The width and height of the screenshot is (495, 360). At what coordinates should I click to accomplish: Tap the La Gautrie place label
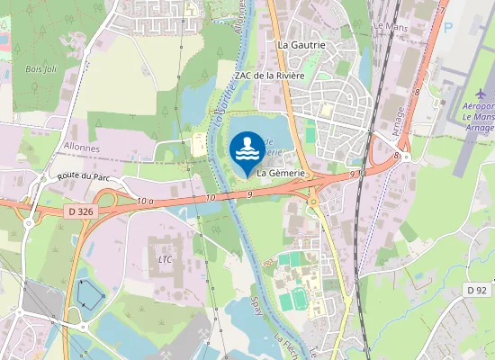[x=301, y=44]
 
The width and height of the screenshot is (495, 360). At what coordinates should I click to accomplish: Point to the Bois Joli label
[x=40, y=68]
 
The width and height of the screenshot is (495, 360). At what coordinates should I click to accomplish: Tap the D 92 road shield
[x=477, y=290]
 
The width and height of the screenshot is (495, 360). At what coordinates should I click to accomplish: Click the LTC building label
[x=165, y=260]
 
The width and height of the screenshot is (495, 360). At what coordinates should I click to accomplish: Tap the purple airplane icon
[x=480, y=94]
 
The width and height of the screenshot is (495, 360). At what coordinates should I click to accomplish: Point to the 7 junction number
[x=442, y=11]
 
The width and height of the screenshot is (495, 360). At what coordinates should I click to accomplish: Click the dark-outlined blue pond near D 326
[x=90, y=293]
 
